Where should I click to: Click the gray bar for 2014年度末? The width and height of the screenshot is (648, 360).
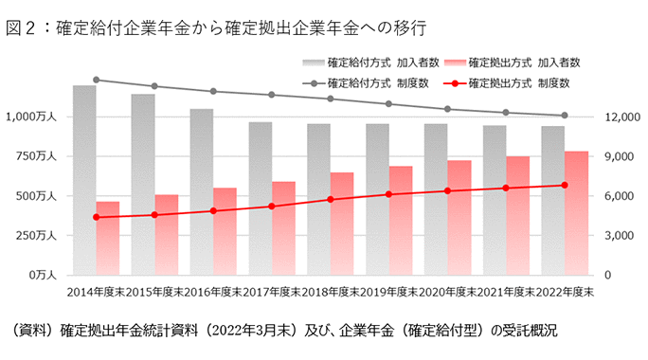(x=84, y=180)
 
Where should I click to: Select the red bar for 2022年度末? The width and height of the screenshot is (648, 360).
(x=576, y=213)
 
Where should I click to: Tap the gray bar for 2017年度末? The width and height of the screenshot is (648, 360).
(x=261, y=198)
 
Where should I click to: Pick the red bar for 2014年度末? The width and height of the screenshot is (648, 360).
(x=108, y=238)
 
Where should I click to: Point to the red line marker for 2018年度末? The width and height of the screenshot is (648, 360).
(x=331, y=199)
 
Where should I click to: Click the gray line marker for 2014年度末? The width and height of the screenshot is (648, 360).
(x=97, y=81)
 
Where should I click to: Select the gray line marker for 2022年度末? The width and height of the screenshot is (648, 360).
(x=565, y=116)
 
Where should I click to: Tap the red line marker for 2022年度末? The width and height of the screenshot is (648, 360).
(x=565, y=185)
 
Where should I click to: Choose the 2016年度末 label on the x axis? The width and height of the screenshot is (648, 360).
(x=213, y=292)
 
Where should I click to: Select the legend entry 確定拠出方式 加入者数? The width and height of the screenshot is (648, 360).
(x=511, y=63)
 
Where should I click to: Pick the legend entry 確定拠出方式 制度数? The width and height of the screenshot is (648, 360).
(x=511, y=83)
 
